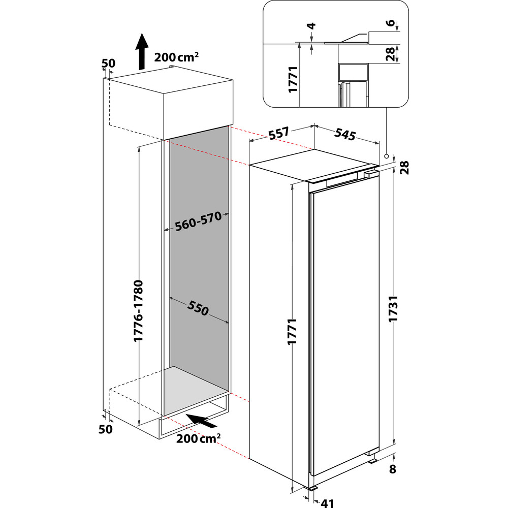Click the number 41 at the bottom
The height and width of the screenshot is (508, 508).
[x=328, y=502]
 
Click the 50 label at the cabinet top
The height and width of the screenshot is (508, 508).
[x=109, y=63]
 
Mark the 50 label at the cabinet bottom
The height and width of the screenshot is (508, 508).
[x=105, y=429]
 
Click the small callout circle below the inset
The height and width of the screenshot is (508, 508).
[x=387, y=156]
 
